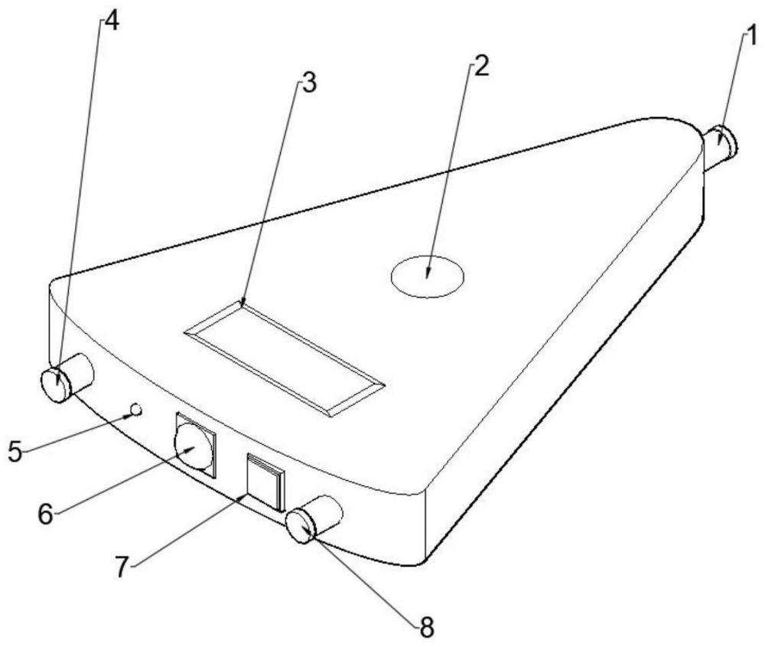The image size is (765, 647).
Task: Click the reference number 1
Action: [x=752, y=37]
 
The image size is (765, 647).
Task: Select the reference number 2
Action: [x=480, y=65]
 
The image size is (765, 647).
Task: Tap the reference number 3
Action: [x=309, y=82]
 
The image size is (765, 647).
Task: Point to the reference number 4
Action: [x=112, y=21]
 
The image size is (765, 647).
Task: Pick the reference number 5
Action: [x=15, y=451]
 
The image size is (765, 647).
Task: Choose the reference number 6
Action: [x=46, y=514]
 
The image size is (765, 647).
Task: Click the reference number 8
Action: [x=427, y=627]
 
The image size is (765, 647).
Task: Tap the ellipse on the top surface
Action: [x=428, y=256]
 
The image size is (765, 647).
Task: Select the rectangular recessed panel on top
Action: [x=285, y=358]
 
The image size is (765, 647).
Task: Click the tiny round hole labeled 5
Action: [x=137, y=409]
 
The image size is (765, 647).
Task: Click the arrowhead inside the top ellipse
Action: [x=428, y=273]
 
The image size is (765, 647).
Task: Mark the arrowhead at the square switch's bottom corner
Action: [x=243, y=496]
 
